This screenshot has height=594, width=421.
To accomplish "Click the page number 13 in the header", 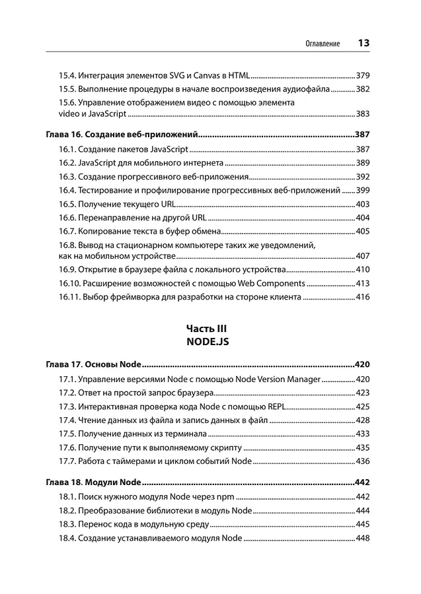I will click(x=363, y=44).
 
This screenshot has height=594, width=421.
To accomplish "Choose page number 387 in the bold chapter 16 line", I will click(x=362, y=135).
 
